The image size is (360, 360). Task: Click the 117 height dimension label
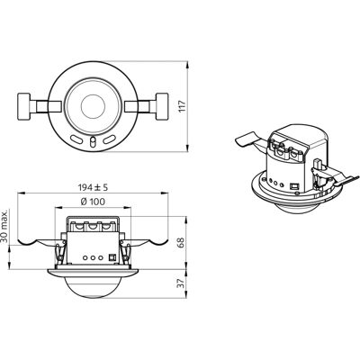183,107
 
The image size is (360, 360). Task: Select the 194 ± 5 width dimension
93,188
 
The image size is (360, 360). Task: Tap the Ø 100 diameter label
93,202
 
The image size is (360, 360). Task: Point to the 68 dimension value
181,242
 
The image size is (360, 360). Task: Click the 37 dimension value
181,283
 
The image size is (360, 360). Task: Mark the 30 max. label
4,226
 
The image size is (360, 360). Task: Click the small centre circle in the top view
93,106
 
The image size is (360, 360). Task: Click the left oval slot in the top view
76,139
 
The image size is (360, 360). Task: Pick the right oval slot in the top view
110,139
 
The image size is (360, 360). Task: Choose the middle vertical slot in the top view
93,142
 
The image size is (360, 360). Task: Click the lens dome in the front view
93,286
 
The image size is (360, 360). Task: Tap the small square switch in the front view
112,257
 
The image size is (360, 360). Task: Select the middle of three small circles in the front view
93,257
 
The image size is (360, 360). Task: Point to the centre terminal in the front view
93,227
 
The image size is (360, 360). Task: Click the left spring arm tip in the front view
19,241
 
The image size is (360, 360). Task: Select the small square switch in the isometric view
294,186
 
